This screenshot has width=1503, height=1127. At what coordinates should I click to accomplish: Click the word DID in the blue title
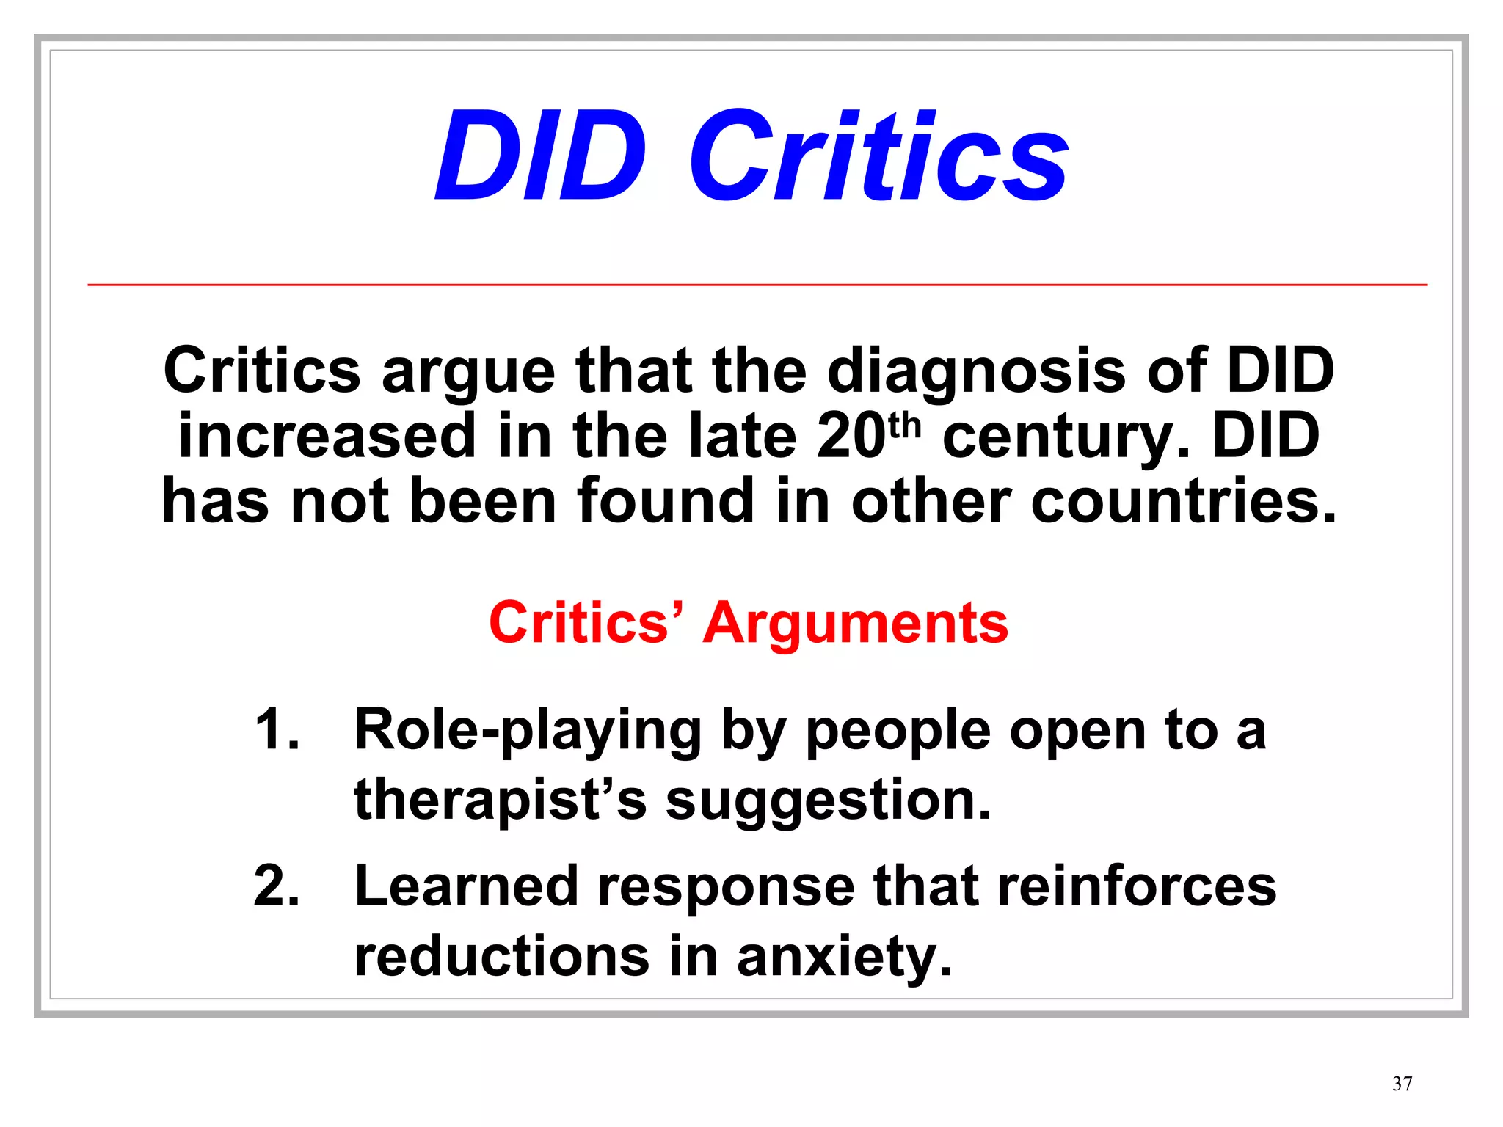coord(541,156)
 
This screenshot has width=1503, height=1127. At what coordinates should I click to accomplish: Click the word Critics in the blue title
coord(878,156)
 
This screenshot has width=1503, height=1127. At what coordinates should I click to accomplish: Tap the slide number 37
coord(1402,1084)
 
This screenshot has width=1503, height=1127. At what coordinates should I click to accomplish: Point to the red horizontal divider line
coord(757,284)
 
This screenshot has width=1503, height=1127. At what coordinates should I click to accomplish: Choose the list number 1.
coord(277,730)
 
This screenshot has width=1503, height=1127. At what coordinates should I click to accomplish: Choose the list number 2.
coord(277,886)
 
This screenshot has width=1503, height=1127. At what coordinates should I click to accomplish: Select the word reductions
coord(502,957)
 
